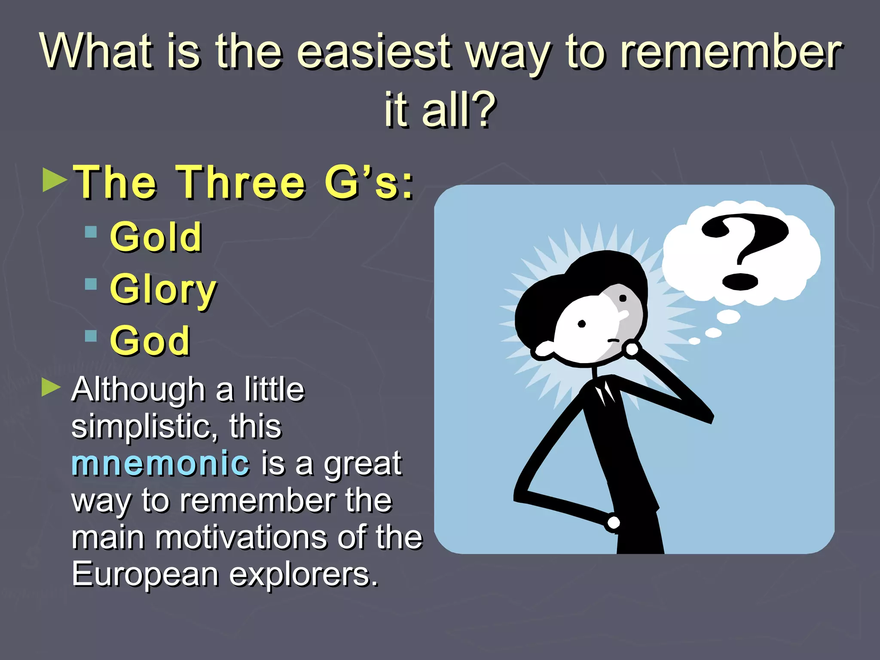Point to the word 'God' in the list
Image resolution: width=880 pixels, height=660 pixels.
point(150,341)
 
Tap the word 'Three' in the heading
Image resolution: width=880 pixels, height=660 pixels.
point(241,183)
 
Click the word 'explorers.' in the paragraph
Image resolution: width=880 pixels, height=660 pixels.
point(304,575)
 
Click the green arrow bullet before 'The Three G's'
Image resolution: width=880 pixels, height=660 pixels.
point(55,180)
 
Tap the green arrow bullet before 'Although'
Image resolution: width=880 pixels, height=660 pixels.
point(52,388)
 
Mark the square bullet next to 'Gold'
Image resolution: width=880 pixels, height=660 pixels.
point(91,232)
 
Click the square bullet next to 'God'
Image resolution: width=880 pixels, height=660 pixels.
point(91,336)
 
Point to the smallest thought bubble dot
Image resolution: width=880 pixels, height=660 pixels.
point(694,341)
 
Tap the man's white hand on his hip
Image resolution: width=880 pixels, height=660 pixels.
point(614,522)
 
